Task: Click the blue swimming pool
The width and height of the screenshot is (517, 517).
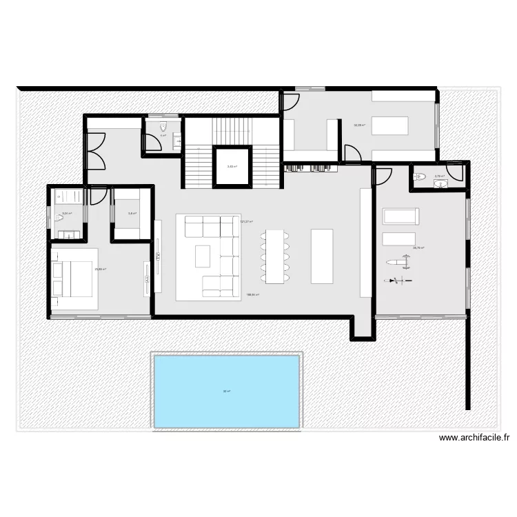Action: [226, 391]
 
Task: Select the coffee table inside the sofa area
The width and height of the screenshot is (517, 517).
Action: [203, 256]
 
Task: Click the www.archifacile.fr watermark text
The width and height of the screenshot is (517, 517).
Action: [474, 437]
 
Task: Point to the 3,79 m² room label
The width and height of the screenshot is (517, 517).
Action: [439, 176]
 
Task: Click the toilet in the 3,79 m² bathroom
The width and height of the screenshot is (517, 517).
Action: [419, 177]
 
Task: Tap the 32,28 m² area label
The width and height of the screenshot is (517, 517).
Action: [359, 125]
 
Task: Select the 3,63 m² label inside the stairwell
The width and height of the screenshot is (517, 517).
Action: [232, 166]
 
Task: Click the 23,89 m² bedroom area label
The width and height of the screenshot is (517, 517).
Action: [100, 270]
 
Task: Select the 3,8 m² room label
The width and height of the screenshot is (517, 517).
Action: [132, 214]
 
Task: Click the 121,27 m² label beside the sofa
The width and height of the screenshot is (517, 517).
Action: [246, 221]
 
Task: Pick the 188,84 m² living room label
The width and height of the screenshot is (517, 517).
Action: [252, 295]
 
